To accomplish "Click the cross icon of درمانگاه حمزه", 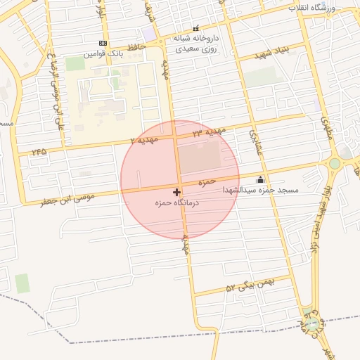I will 176,191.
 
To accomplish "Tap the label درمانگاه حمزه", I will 177,202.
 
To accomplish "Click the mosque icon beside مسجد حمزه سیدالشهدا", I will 261,179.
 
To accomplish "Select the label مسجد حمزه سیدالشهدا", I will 261,191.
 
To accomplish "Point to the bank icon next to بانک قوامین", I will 103,44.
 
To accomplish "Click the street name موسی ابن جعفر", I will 61,201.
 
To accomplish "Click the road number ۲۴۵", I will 38,151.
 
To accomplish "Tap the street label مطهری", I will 326,127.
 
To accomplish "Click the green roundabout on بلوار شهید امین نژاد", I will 335,163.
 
